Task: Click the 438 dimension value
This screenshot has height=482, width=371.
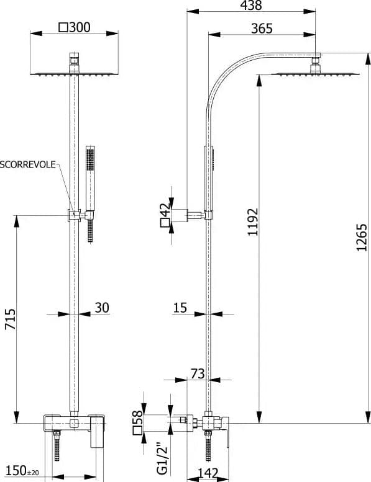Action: [251, 5]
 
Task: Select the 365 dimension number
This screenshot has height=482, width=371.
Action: [262, 29]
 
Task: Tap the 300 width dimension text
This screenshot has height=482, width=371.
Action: [80, 27]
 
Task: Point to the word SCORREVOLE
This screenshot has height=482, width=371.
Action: [28, 164]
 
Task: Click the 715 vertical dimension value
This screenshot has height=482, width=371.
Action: [10, 319]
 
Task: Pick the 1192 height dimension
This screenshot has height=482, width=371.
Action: [253, 222]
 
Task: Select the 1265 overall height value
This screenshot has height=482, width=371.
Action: [362, 238]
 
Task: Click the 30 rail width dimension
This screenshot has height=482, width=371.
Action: [101, 308]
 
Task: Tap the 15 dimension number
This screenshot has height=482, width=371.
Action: [180, 308]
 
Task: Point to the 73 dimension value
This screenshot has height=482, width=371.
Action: [198, 374]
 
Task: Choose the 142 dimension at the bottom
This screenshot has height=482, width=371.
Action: [208, 473]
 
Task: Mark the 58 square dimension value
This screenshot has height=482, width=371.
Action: [137, 417]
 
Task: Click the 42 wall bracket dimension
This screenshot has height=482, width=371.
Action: [165, 210]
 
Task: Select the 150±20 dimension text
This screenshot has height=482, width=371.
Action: [22, 471]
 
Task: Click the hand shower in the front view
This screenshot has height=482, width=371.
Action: [90, 194]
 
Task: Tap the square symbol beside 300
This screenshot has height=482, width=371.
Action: [63, 28]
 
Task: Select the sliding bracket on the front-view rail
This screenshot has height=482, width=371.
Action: [74, 215]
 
